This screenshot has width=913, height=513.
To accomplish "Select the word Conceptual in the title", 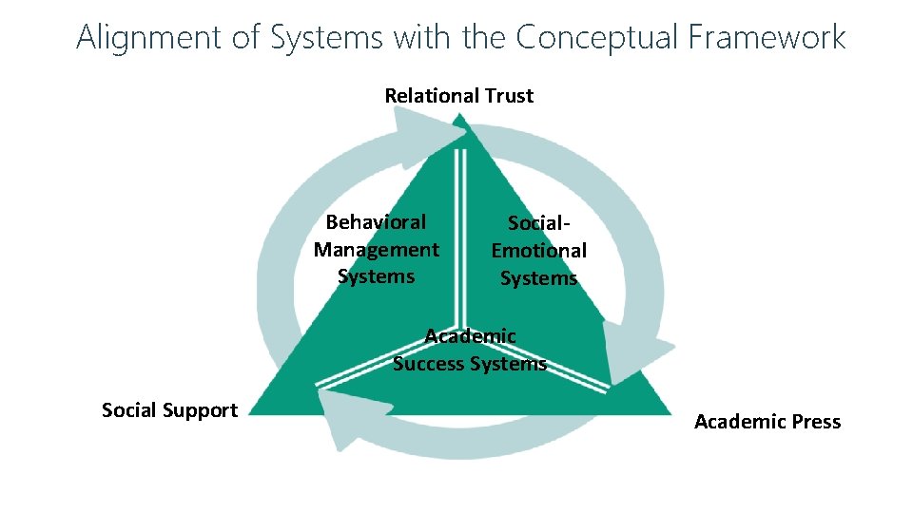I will [x=597, y=37].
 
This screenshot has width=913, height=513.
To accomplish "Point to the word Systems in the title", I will [x=326, y=37].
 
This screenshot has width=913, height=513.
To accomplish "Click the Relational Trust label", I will [x=458, y=96].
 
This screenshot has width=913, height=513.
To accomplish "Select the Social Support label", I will [x=169, y=410].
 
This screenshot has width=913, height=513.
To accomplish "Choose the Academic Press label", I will [x=767, y=422].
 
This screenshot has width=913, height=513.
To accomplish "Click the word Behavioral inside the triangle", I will [x=376, y=222].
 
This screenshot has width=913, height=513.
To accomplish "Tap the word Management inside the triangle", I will [x=376, y=250].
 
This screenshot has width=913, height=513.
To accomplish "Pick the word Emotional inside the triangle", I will [x=538, y=251].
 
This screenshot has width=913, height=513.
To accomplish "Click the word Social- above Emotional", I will [x=539, y=223].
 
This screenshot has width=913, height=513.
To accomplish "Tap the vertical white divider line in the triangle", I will [x=460, y=237].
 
